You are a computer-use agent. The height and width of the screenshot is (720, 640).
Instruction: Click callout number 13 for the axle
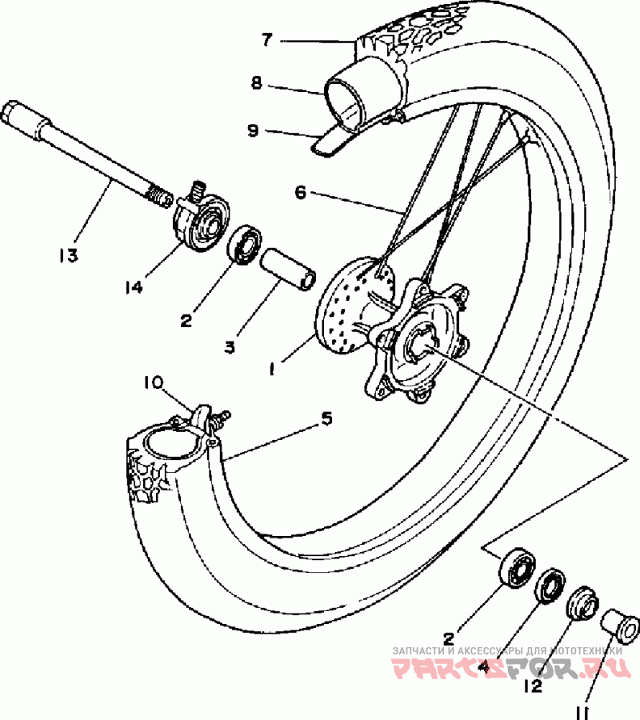pyautogui.click(x=69, y=255)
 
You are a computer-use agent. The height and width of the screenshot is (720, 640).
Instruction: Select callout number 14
pyautogui.click(x=133, y=287)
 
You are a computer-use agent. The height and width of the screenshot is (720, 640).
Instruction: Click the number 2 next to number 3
pyautogui.click(x=186, y=321)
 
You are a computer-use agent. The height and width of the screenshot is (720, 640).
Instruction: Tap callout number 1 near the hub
pyautogui.click(x=272, y=368)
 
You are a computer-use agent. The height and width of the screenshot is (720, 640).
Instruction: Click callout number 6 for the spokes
pyautogui.click(x=300, y=192)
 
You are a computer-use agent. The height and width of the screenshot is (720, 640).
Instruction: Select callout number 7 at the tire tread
pyautogui.click(x=267, y=40)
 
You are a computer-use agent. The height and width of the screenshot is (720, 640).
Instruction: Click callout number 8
pyautogui.click(x=256, y=83)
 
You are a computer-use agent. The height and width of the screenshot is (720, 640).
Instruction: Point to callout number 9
pyautogui.click(x=253, y=130)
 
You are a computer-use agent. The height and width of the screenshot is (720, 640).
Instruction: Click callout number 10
pyautogui.click(x=153, y=382)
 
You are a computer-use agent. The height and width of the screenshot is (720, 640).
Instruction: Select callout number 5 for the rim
pyautogui.click(x=326, y=418)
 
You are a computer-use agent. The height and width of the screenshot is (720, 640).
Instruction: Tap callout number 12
pyautogui.click(x=533, y=686)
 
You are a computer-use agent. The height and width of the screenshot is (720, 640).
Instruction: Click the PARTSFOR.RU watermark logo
pyautogui.click(x=510, y=668)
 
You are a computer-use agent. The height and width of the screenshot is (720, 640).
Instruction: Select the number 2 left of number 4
pyautogui.click(x=449, y=638)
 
